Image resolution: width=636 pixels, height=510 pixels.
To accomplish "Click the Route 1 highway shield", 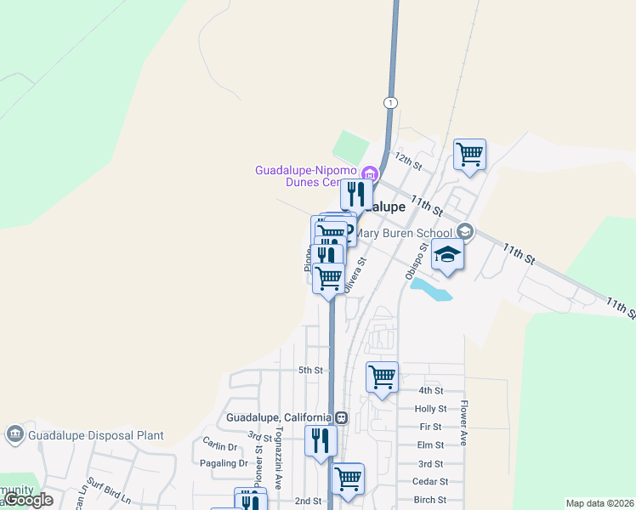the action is [x=390, y=103].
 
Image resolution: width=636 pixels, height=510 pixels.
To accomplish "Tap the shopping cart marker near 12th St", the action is [x=469, y=155].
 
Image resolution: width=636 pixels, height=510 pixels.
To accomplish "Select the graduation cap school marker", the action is [x=447, y=254].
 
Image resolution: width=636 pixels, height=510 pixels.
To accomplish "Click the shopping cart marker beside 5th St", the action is [x=382, y=376].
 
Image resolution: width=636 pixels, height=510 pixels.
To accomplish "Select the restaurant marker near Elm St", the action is [x=321, y=440].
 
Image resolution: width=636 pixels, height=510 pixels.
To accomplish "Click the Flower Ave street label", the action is [x=464, y=423].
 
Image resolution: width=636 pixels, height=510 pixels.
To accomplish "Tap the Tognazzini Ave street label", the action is [x=278, y=459].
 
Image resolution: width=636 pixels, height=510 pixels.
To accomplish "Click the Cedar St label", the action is [x=429, y=482].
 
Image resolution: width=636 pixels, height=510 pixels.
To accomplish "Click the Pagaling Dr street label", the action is [x=223, y=463].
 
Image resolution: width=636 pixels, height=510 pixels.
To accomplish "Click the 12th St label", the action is [x=408, y=162].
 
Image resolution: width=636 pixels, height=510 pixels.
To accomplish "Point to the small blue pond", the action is [x=431, y=290].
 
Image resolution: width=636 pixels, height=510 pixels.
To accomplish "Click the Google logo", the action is [x=29, y=500].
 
